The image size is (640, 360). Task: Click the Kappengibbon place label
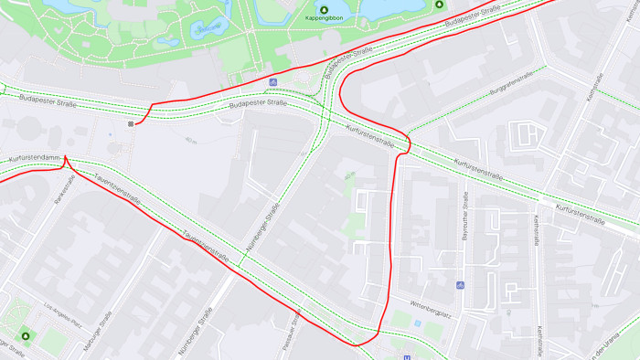click(324, 18)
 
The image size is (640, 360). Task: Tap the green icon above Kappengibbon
click(324, 8)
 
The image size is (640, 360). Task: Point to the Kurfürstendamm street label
click(33, 160)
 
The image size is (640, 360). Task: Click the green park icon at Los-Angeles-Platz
click(25, 335)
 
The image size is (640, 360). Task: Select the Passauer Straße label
click(296, 323)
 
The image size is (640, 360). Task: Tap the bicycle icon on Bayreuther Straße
click(460, 285)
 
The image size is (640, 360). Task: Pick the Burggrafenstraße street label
click(510, 90)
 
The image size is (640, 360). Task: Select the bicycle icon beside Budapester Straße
click(272, 82)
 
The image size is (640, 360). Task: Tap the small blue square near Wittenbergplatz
click(417, 323)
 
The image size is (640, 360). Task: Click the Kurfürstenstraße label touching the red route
click(370, 138)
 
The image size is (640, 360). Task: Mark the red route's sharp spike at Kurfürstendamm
click(66, 158)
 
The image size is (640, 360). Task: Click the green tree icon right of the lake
click(439, 5)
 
